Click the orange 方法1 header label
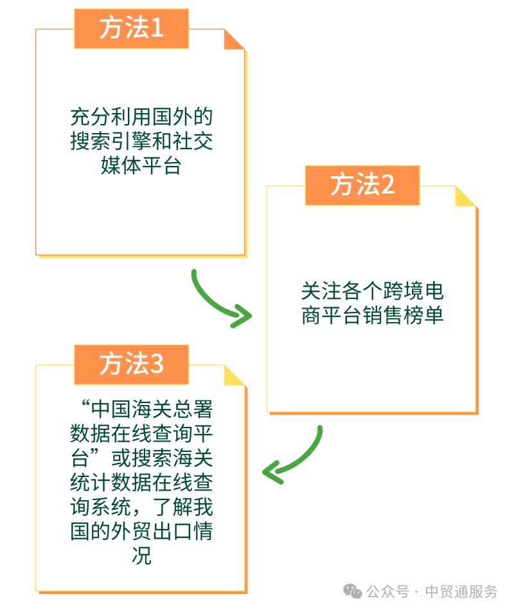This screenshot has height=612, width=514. point(131,28)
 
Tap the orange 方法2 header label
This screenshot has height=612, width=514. point(362,185)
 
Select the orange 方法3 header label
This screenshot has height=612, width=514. point(131,364)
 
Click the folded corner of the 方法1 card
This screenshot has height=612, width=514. point(234,39)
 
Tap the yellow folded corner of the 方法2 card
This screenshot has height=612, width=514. point(465,196)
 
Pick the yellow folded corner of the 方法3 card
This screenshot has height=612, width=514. point(234,375)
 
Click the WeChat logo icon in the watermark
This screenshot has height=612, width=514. point(353,590)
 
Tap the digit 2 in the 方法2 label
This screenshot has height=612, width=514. point(388,185)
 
